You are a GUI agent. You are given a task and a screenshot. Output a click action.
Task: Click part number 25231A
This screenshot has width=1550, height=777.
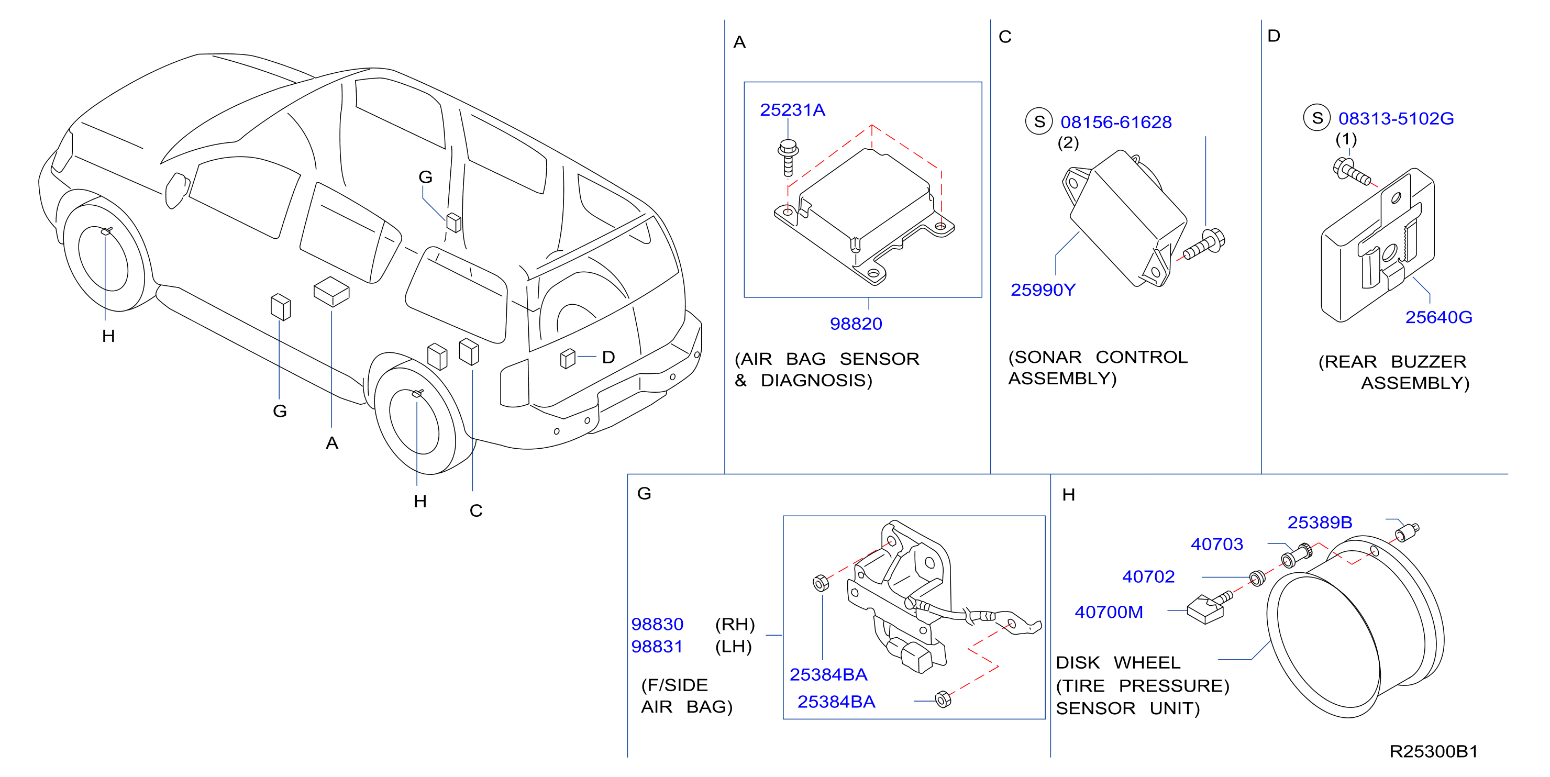point(792,110)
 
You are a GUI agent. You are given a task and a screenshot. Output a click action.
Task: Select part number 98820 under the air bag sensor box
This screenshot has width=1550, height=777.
point(856,324)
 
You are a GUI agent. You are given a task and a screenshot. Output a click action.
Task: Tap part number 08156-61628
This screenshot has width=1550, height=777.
point(1115,122)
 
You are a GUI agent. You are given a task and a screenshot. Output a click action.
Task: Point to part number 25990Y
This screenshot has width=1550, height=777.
point(1043,290)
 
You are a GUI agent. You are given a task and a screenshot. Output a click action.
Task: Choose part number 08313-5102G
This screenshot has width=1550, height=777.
point(1396,118)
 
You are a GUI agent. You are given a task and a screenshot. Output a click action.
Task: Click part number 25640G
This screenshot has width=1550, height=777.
point(1438,317)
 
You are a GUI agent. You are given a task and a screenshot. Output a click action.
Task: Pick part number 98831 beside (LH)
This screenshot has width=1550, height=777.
point(657,647)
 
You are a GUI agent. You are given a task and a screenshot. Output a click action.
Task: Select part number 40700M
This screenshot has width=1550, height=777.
point(1109,612)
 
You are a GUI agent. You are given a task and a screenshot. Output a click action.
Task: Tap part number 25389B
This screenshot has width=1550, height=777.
point(1320,523)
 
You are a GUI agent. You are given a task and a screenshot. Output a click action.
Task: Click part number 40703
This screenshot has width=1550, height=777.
point(1216,544)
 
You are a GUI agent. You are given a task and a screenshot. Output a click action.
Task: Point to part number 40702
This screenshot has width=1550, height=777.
point(1148,576)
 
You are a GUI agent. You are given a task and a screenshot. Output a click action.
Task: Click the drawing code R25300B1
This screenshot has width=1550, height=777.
point(1433,751)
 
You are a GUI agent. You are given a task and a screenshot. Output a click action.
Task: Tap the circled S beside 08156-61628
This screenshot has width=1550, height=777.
point(1039,121)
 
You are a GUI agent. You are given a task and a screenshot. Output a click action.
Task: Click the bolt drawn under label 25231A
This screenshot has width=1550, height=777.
point(788,158)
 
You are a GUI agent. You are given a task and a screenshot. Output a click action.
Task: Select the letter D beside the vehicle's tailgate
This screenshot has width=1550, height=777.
point(608,358)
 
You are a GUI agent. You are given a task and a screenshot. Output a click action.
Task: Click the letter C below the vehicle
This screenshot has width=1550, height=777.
point(476,511)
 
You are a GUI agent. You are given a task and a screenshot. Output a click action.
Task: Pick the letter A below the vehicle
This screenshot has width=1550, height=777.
point(332,443)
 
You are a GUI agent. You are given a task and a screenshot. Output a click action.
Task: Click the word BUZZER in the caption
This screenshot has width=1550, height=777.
point(1429,362)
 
